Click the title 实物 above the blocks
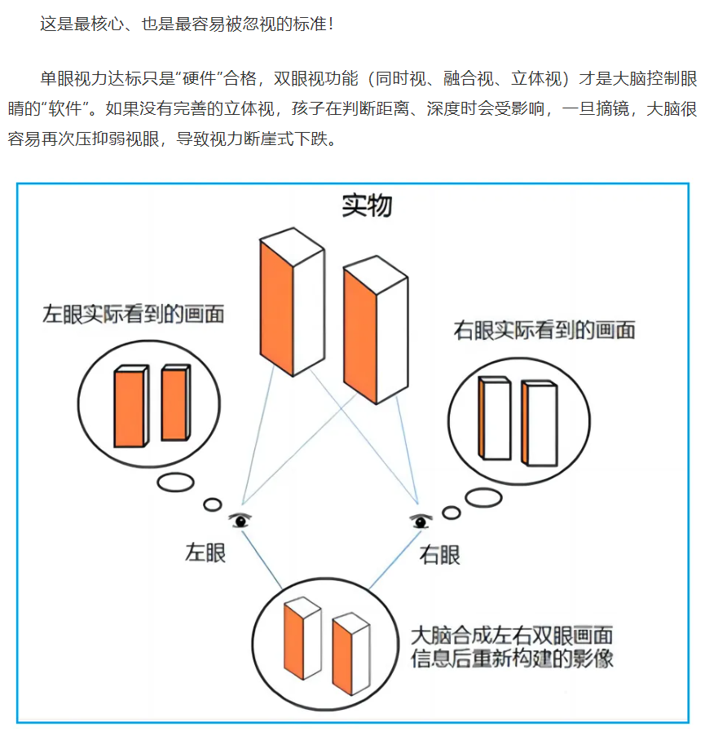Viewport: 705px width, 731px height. (367, 205)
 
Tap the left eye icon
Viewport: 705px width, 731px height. (240, 520)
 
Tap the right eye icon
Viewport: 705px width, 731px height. (421, 521)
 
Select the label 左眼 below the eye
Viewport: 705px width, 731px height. (205, 553)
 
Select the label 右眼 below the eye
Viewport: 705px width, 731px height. (439, 555)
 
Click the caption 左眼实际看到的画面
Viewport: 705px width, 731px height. (134, 314)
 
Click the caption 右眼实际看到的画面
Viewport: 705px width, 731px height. (544, 330)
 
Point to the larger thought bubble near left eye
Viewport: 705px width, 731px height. (175, 482)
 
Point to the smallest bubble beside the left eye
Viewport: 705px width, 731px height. (213, 504)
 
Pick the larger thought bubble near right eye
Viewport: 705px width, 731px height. (483, 497)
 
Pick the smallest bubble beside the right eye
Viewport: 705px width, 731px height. (452, 513)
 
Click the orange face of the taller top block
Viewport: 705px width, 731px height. (276, 309)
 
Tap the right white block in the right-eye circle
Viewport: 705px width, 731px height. (540, 423)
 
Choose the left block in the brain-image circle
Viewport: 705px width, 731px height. (302, 637)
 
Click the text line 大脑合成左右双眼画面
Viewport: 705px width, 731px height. (512, 636)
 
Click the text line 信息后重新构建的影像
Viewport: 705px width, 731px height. (512, 658)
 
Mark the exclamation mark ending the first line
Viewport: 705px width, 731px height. (331, 24)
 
